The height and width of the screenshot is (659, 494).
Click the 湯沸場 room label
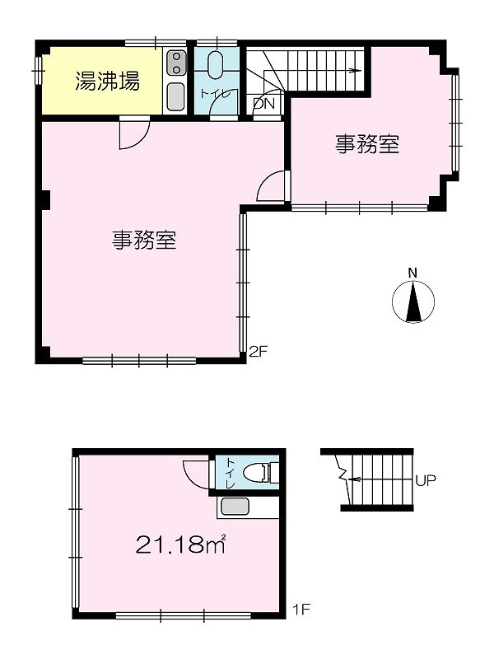point(108,82)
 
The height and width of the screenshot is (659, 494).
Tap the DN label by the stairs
point(263,103)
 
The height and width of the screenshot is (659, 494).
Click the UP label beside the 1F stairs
point(426,479)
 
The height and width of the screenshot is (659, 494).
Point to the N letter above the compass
point(413,273)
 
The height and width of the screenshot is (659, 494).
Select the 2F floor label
point(258,351)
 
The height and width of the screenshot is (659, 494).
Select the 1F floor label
point(301,609)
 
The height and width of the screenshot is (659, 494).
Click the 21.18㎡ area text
point(181,545)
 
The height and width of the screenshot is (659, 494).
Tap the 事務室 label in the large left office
point(144,240)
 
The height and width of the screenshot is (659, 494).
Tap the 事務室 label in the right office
point(366,144)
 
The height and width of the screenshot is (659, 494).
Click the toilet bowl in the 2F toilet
point(216,65)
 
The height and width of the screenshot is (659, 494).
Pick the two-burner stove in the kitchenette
point(176,63)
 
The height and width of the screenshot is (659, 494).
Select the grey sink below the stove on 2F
point(175,96)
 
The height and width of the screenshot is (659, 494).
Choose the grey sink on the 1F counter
point(235,506)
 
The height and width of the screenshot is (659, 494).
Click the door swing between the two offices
point(273,186)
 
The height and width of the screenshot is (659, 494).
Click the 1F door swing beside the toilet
point(196,474)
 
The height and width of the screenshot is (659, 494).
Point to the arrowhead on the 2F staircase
point(358,71)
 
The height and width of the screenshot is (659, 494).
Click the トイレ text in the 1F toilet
point(231,473)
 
